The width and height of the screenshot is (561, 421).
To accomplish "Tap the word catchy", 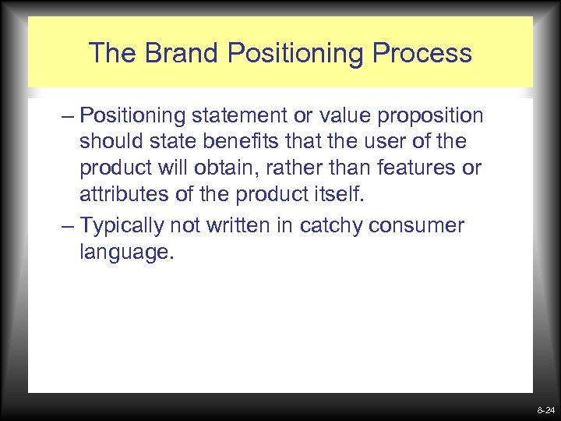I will pos(338,226).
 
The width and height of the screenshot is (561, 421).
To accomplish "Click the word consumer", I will pos(417,226).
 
